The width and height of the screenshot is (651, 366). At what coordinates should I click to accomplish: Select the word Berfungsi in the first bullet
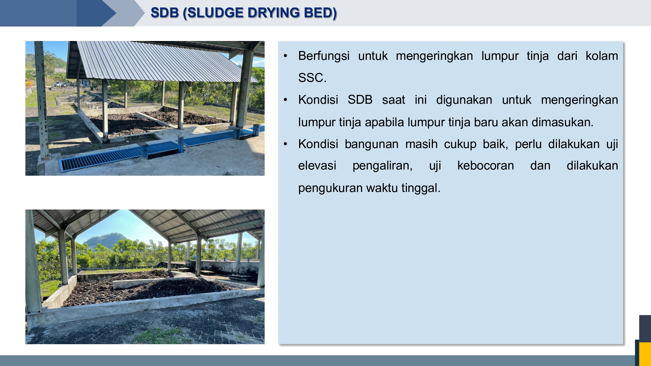[x=324, y=56]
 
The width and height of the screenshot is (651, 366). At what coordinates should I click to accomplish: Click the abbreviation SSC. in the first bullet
[x=312, y=78]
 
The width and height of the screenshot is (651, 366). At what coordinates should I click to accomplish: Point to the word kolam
[x=602, y=56]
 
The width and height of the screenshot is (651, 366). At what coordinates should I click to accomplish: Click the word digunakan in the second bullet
[x=464, y=100]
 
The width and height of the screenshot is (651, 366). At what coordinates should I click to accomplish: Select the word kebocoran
[x=486, y=166]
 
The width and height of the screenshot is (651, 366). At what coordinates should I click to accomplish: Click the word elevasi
[x=317, y=166]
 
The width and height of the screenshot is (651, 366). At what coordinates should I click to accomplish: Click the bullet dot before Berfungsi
[x=285, y=56]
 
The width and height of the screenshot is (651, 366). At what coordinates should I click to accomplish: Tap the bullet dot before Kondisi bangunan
[x=285, y=144]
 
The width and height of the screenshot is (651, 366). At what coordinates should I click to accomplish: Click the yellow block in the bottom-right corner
[x=645, y=354]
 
